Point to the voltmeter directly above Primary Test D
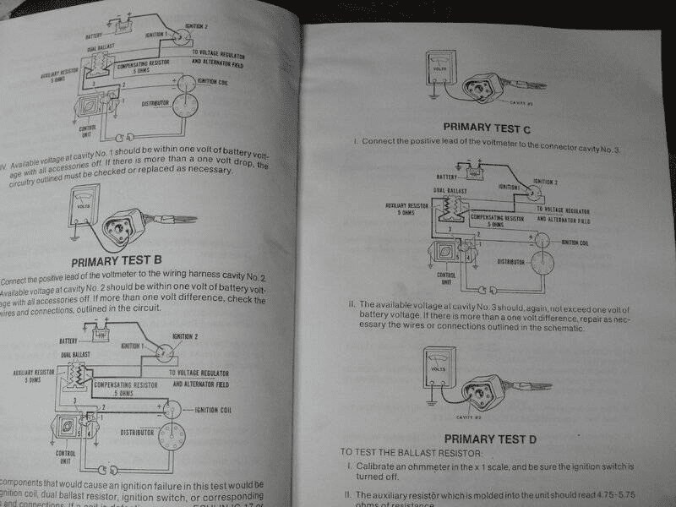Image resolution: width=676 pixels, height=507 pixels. tap(437, 368)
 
